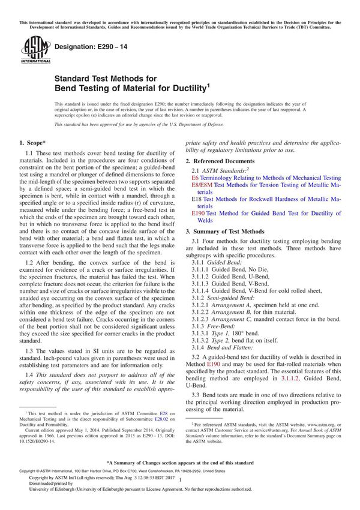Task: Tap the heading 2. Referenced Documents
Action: [x=220, y=161]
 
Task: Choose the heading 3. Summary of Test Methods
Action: [x=224, y=231]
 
